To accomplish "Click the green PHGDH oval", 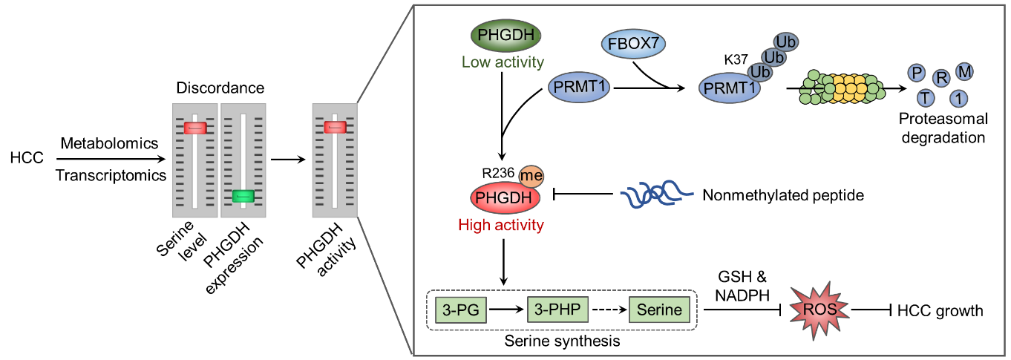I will click(506, 36).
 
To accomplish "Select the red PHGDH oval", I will click(505, 198).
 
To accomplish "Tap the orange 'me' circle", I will click(531, 176).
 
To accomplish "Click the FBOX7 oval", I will click(633, 44).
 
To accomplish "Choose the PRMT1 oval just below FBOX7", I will click(579, 87).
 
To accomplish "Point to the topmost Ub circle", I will click(786, 42).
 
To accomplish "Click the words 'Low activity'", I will click(503, 62).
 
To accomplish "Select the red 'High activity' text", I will click(501, 225).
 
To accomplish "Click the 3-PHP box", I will click(557, 310).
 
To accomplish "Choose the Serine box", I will click(659, 310).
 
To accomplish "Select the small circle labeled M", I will click(964, 71).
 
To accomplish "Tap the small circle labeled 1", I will click(959, 97).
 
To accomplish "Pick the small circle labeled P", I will click(917, 73).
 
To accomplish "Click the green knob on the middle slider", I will click(243, 196).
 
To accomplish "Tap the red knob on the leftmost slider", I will click(195, 128).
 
